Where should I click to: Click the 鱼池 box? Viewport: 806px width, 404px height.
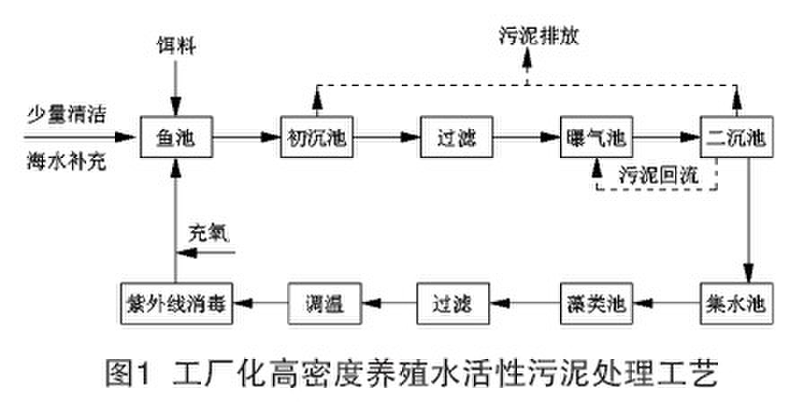coord(175,139)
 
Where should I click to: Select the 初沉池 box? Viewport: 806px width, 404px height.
coord(315,139)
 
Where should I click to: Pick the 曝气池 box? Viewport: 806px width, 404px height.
coord(596,139)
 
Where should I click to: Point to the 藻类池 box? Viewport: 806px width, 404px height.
coord(596,301)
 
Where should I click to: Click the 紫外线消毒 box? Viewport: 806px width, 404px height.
coord(175,301)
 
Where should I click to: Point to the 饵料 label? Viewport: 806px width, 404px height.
coord(175,44)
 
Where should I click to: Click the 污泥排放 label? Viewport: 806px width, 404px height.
coord(529,37)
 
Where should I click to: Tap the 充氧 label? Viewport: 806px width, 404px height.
coord(208,231)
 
